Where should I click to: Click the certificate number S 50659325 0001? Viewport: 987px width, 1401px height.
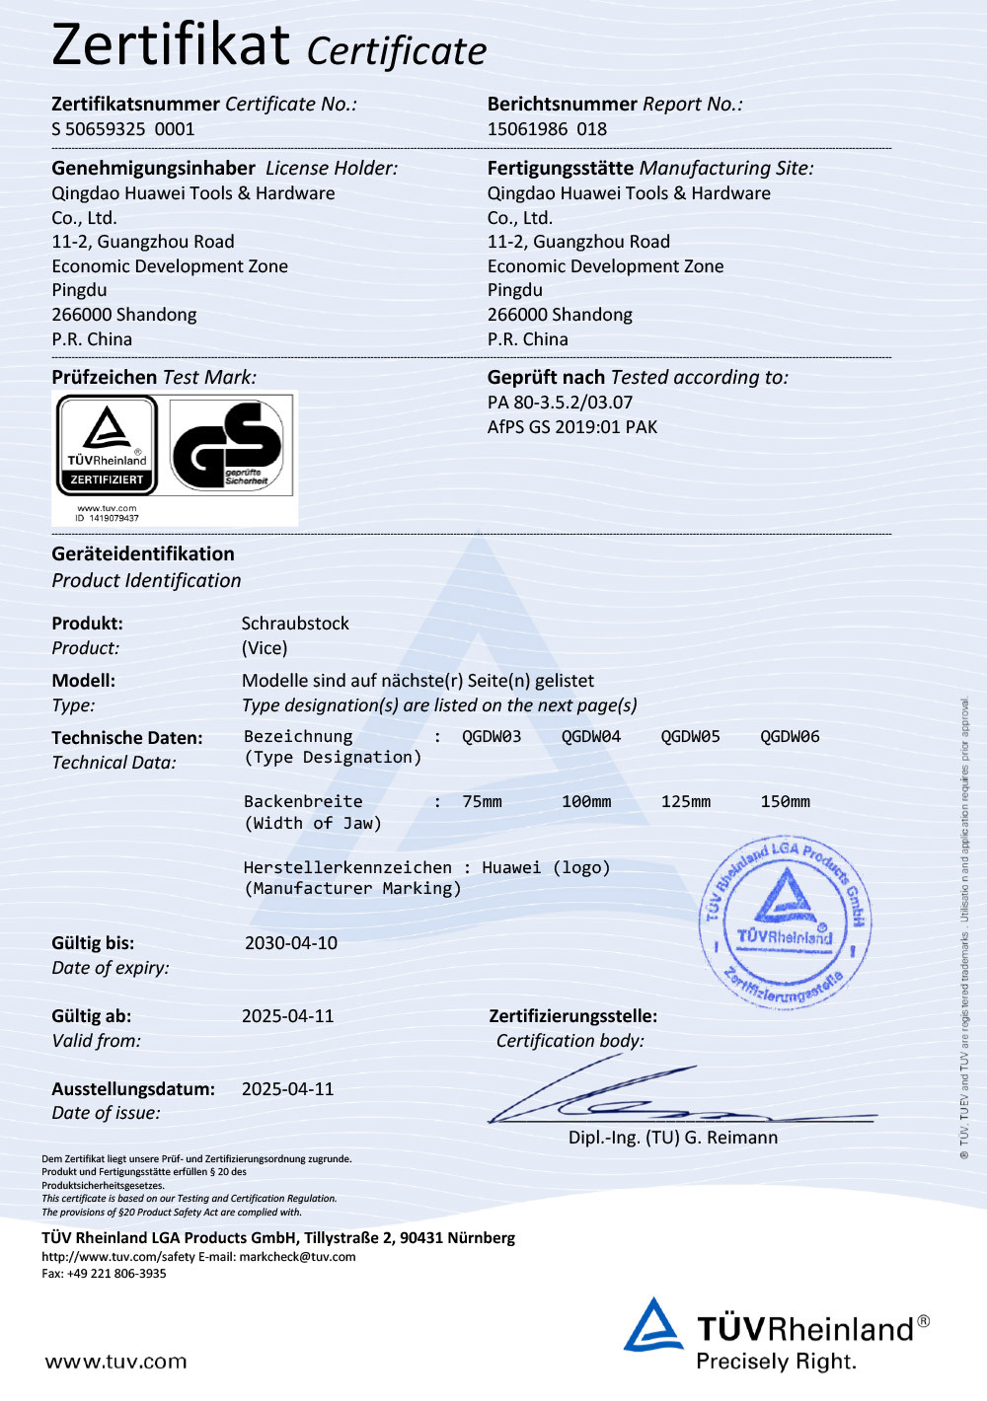pos(123,129)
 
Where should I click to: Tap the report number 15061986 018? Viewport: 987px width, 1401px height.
pos(547,129)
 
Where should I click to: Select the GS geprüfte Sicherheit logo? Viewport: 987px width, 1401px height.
pos(231,445)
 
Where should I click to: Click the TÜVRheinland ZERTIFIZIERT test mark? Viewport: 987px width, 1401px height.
pos(107,445)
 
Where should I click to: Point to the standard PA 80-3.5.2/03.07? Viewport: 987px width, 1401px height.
pos(560,403)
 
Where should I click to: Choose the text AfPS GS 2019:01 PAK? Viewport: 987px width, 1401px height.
pos(572,427)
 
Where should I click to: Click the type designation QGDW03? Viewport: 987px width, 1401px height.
pos(492,737)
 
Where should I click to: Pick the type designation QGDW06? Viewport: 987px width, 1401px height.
pos(790,737)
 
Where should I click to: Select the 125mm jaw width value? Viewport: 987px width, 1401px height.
pos(686,802)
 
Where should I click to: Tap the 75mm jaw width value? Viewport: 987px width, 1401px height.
pos(482,802)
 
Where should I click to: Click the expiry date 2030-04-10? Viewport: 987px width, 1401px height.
pos(291,943)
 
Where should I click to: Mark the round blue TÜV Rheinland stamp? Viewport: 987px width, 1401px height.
pos(786,923)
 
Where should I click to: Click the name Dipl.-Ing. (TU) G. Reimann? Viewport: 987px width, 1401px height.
pos(673,1138)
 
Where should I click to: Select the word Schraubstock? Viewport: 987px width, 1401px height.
pos(295,624)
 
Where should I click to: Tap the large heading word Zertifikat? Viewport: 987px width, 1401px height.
pos(171,45)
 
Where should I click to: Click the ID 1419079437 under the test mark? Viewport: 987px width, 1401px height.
pos(107,518)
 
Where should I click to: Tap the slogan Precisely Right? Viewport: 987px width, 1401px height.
pos(776,1363)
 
